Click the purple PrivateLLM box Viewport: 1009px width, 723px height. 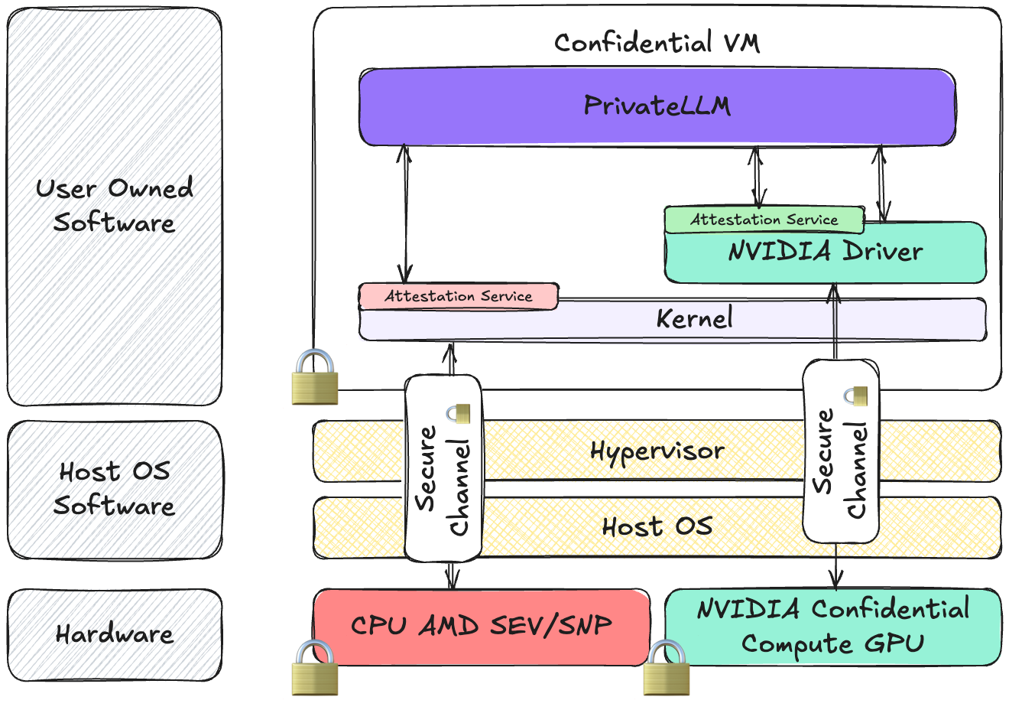657,106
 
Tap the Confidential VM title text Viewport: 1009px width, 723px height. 657,43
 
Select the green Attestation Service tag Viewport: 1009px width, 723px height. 764,220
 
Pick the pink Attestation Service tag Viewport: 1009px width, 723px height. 459,297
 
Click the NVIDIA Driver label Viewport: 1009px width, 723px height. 826,252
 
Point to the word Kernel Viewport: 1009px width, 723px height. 694,318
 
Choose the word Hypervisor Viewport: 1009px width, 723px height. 657,451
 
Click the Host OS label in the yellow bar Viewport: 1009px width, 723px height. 657,527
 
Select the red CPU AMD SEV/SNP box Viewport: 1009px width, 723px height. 482,627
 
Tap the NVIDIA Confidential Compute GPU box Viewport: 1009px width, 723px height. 833,627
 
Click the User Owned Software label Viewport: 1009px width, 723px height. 115,206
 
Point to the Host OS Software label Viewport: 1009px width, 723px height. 115,489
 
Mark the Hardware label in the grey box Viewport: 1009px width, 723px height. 115,634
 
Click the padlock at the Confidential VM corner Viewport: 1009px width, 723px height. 314,376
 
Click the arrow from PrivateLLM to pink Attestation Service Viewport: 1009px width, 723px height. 405,214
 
